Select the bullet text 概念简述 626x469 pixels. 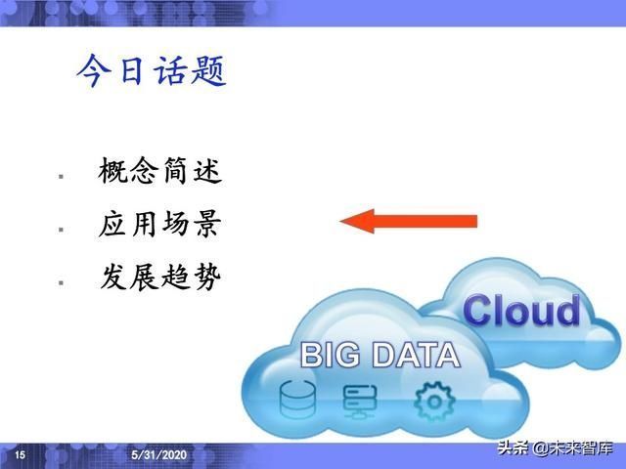160,172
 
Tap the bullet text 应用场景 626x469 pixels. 160,226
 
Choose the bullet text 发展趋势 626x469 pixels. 160,277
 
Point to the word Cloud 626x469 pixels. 521,312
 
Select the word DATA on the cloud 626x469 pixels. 412,354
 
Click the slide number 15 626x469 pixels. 20,455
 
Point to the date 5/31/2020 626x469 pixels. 159,456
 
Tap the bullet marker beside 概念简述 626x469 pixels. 61,176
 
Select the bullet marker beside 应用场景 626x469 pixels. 61,229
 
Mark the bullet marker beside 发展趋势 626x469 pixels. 61,281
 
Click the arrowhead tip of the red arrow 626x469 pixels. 343,221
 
